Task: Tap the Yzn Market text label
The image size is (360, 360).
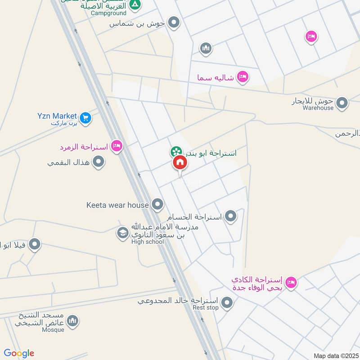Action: click(x=57, y=116)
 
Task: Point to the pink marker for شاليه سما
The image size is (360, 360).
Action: click(x=243, y=77)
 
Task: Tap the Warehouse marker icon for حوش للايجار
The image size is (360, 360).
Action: click(x=342, y=103)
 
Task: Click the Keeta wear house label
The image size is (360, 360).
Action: click(x=117, y=205)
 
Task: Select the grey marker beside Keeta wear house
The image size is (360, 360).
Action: click(x=157, y=205)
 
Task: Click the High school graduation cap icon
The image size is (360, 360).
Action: click(x=122, y=233)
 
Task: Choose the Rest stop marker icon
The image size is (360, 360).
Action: click(x=227, y=302)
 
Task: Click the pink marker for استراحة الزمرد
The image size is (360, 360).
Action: click(x=117, y=146)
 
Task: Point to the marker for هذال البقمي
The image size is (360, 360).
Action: click(x=99, y=162)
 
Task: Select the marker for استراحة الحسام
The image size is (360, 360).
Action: click(x=231, y=216)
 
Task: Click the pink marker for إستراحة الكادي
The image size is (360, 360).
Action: click(x=292, y=283)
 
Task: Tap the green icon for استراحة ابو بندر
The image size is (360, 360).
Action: click(x=176, y=152)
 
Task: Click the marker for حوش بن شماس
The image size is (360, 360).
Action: click(x=174, y=22)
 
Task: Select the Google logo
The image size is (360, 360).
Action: click(x=18, y=353)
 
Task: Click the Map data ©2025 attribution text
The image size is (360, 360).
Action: click(x=335, y=355)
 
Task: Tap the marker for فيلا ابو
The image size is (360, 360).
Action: click(x=35, y=245)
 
